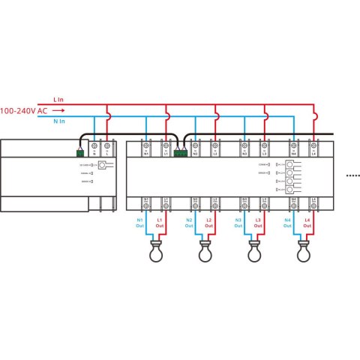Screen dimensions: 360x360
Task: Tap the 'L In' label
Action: point(59,98)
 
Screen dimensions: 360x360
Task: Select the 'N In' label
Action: point(59,120)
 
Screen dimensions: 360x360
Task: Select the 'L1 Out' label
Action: point(160,222)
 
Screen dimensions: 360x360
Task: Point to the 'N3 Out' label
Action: point(239,222)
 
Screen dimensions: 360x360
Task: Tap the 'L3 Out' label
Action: point(259,222)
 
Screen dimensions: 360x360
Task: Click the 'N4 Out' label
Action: point(289,222)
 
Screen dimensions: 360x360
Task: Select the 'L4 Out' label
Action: point(308,222)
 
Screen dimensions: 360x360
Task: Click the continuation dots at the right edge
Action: point(352,174)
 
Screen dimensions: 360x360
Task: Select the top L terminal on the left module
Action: point(107,148)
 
